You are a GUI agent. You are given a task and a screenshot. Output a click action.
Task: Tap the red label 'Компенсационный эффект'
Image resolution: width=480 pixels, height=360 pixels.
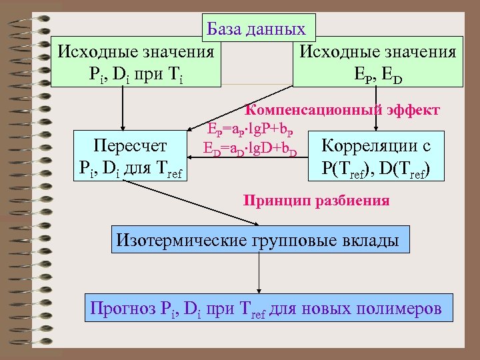click(x=343, y=109)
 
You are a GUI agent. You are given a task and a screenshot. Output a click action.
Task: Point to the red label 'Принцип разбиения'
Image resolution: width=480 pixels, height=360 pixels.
click(x=316, y=199)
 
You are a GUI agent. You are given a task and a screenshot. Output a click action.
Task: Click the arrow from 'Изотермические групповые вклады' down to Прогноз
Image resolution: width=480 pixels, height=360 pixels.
click(x=259, y=273)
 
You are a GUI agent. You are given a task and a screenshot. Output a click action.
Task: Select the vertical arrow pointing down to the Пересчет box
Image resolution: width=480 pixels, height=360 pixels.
click(x=122, y=110)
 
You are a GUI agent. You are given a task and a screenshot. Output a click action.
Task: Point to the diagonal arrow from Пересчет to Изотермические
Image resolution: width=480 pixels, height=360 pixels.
click(x=193, y=201)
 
